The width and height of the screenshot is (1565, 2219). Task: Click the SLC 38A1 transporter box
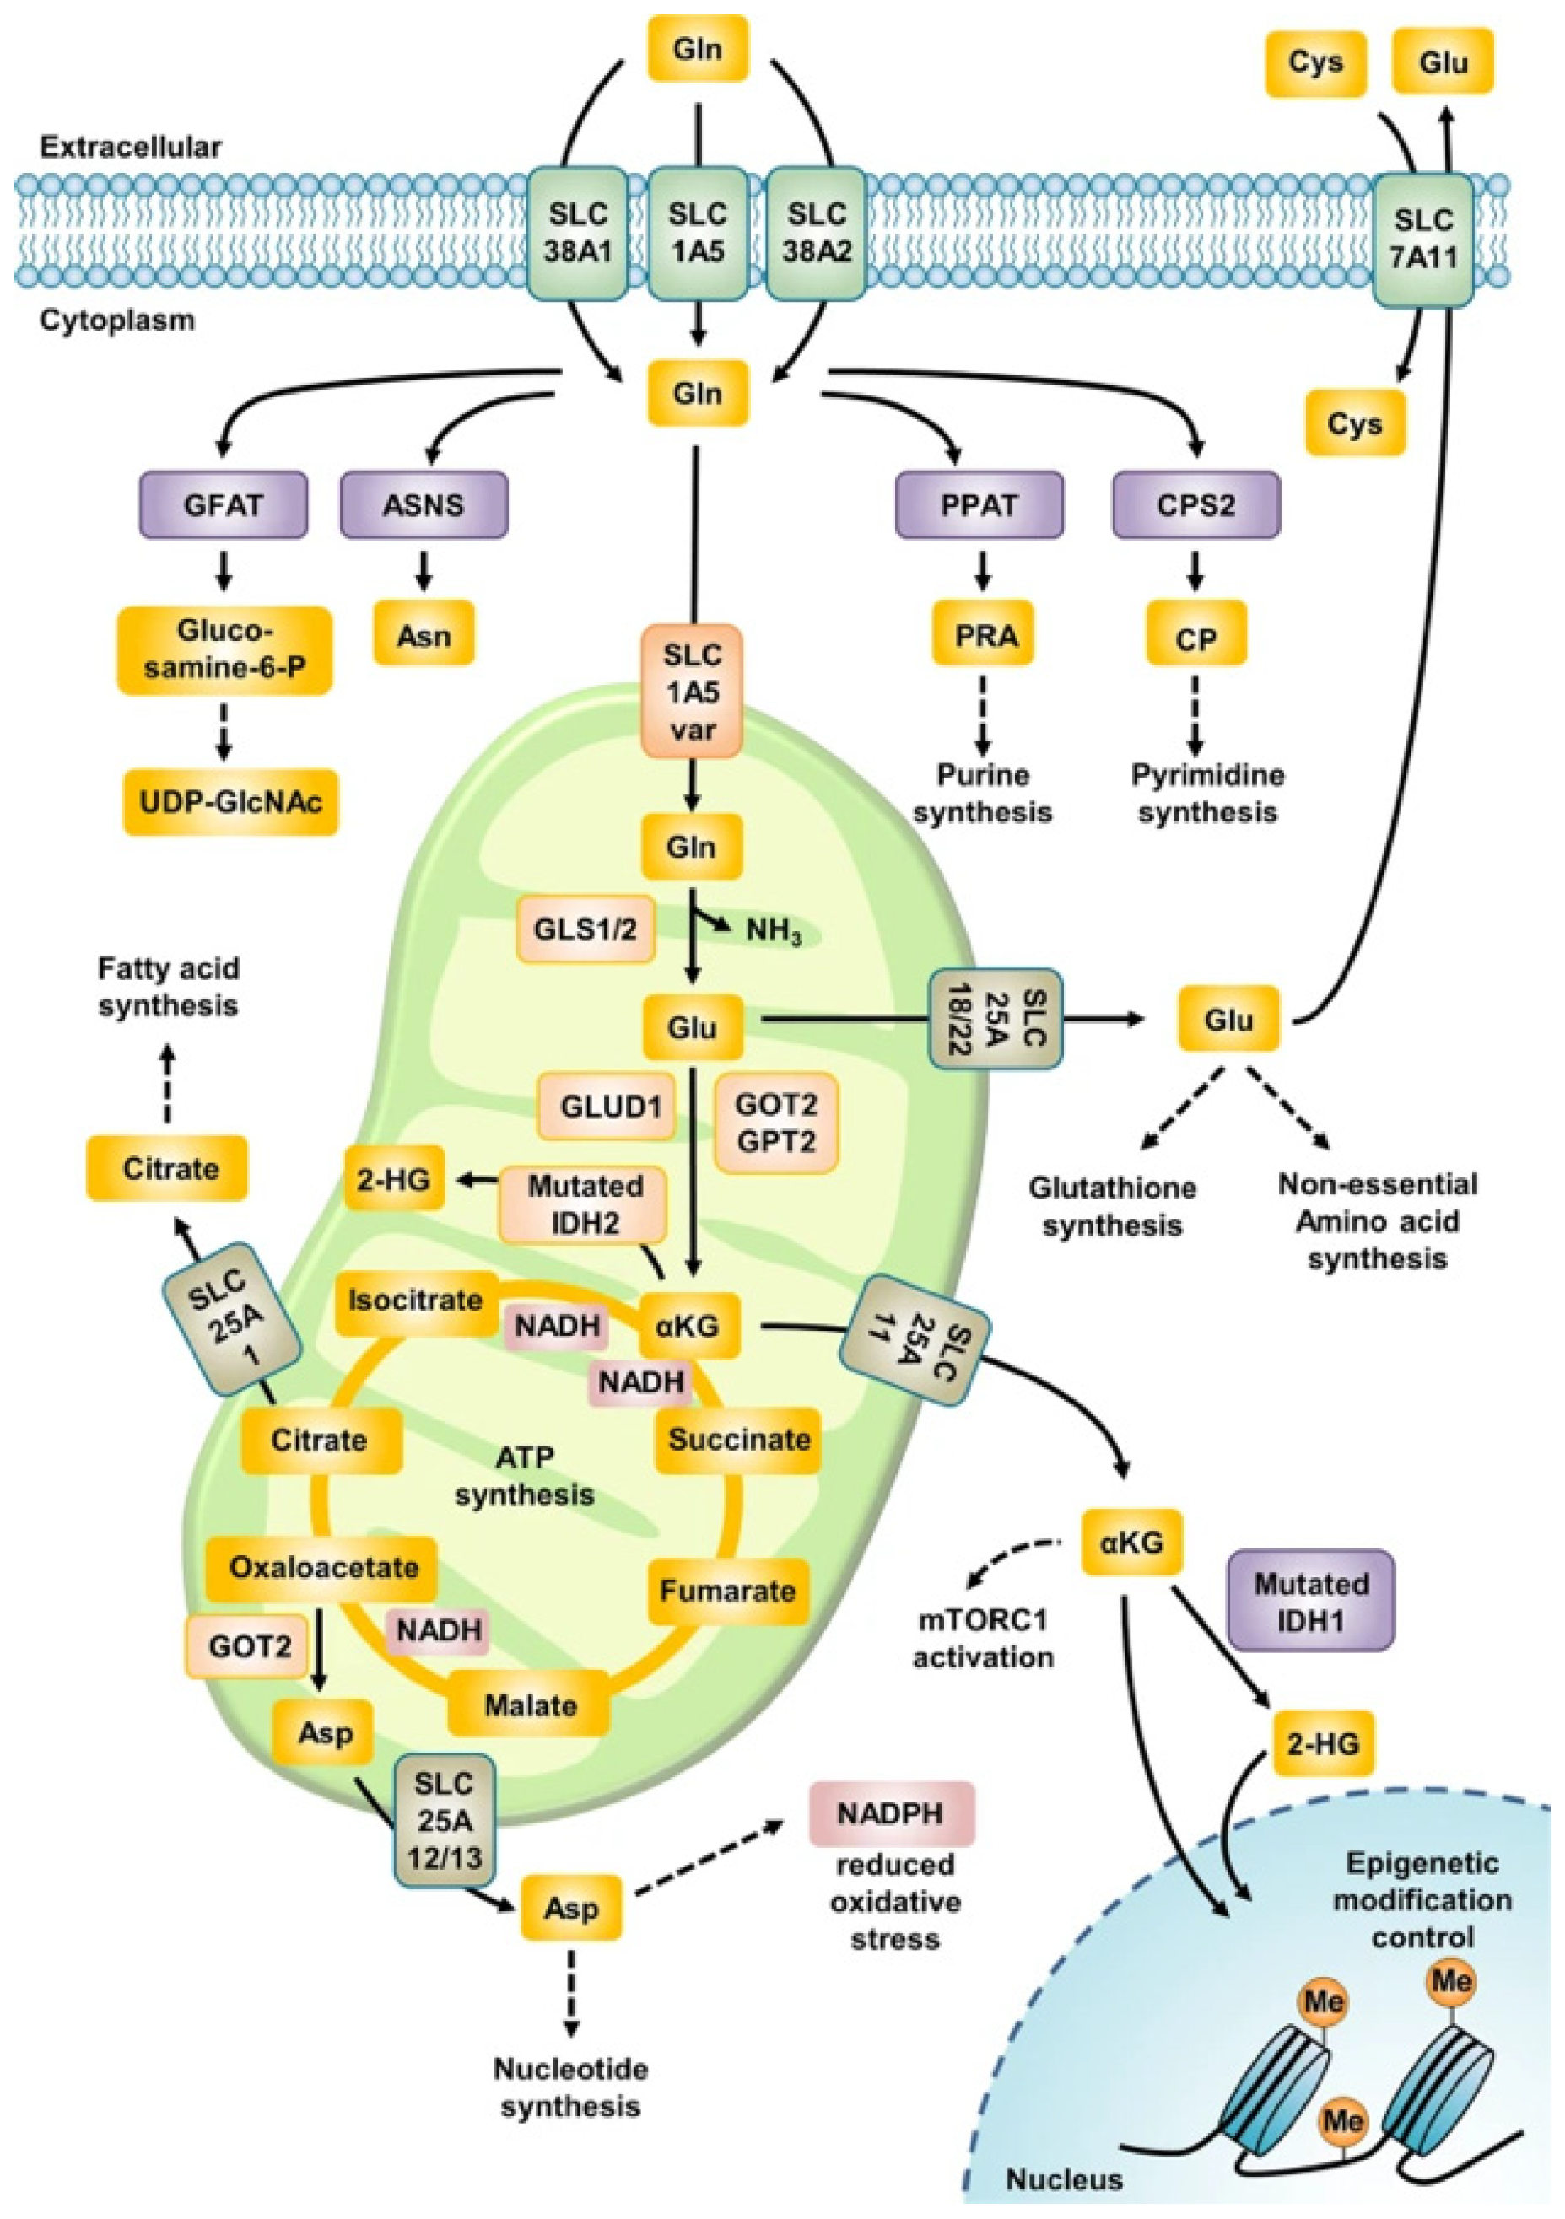pos(576,233)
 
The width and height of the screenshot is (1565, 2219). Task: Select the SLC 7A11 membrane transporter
pos(1424,238)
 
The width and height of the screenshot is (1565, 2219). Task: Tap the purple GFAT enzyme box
pos(224,504)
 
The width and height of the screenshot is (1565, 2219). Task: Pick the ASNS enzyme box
pos(424,504)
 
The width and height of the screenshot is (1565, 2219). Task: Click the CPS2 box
pos(1195,504)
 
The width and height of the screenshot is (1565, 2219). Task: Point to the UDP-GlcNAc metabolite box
pos(230,801)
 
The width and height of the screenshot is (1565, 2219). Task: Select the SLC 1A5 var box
pos(692,691)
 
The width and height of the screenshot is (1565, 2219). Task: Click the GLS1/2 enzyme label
pos(585,929)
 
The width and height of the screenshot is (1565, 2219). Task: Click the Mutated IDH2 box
pos(584,1204)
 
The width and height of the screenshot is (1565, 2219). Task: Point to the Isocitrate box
pos(416,1300)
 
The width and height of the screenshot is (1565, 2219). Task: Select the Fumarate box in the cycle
pos(727,1590)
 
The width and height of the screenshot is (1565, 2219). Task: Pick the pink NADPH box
pos(890,1813)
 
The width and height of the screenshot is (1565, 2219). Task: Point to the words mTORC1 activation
pos(983,1638)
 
